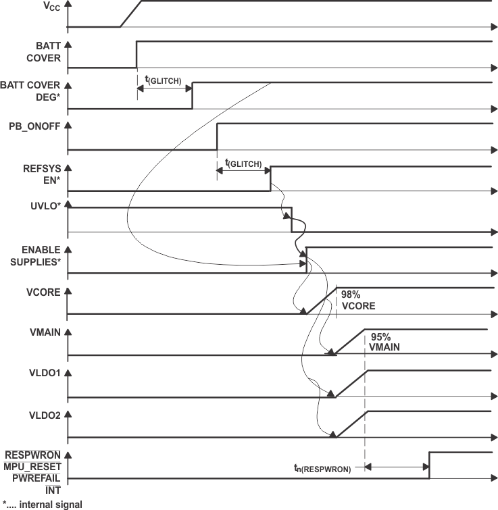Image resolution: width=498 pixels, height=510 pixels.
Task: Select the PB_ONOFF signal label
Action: coord(34,127)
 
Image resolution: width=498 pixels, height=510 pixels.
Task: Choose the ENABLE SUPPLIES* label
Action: coord(34,255)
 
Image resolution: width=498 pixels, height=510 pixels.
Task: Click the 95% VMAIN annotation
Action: coord(385,342)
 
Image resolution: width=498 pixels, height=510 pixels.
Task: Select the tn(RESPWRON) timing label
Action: coord(322,468)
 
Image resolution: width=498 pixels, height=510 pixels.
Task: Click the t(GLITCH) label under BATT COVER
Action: coord(163,80)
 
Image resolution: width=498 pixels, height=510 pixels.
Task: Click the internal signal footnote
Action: coord(42,503)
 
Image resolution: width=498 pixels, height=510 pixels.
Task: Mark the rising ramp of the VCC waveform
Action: coord(130,14)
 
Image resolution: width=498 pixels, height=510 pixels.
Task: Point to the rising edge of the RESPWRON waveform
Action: coord(429,465)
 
